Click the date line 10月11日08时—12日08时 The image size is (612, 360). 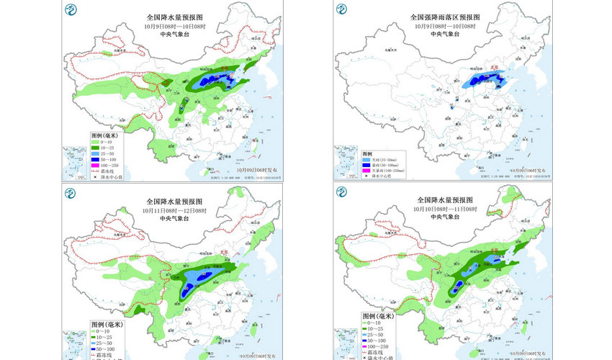176,210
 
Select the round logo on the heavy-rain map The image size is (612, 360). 341,9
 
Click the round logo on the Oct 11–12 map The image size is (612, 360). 70,192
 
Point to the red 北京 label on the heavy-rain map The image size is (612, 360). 494,68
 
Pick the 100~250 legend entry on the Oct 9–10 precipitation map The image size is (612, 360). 108,166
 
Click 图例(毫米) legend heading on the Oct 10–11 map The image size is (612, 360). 378,316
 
